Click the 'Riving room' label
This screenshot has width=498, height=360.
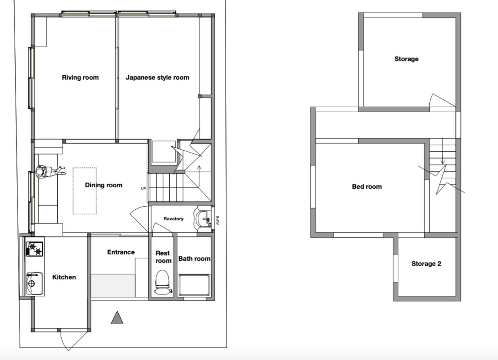[80, 77]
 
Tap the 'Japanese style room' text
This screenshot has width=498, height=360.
[157, 77]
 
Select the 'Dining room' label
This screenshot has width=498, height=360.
[104, 185]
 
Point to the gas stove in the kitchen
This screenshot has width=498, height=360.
[35, 249]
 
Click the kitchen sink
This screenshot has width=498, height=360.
[35, 284]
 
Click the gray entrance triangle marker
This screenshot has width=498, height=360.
[117, 317]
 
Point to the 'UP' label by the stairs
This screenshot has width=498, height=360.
[143, 189]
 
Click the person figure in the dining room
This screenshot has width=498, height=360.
[50, 172]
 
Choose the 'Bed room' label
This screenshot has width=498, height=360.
[367, 187]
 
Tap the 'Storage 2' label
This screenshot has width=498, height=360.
[426, 264]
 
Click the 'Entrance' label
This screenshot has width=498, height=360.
[121, 252]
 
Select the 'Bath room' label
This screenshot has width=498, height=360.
[194, 259]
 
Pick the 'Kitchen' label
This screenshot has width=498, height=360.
[64, 277]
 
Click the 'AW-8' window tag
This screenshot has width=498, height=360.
[218, 220]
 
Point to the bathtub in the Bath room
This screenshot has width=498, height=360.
[194, 285]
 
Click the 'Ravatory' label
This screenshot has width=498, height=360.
[174, 219]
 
